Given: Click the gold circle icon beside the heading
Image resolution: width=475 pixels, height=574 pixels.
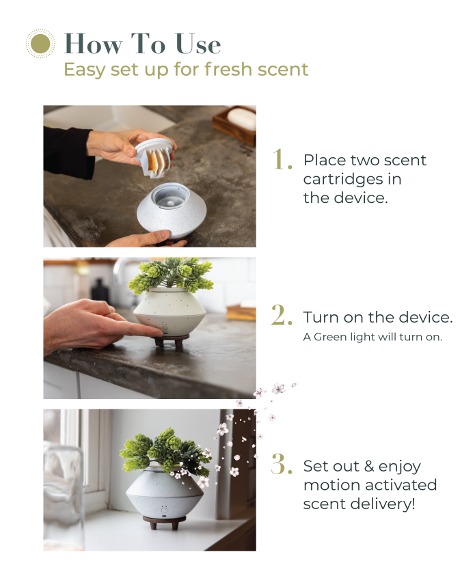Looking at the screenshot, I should coord(40,44).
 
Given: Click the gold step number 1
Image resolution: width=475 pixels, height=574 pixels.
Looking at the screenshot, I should coord(282,159).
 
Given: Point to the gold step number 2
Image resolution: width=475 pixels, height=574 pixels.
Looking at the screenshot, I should coord(282,316).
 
